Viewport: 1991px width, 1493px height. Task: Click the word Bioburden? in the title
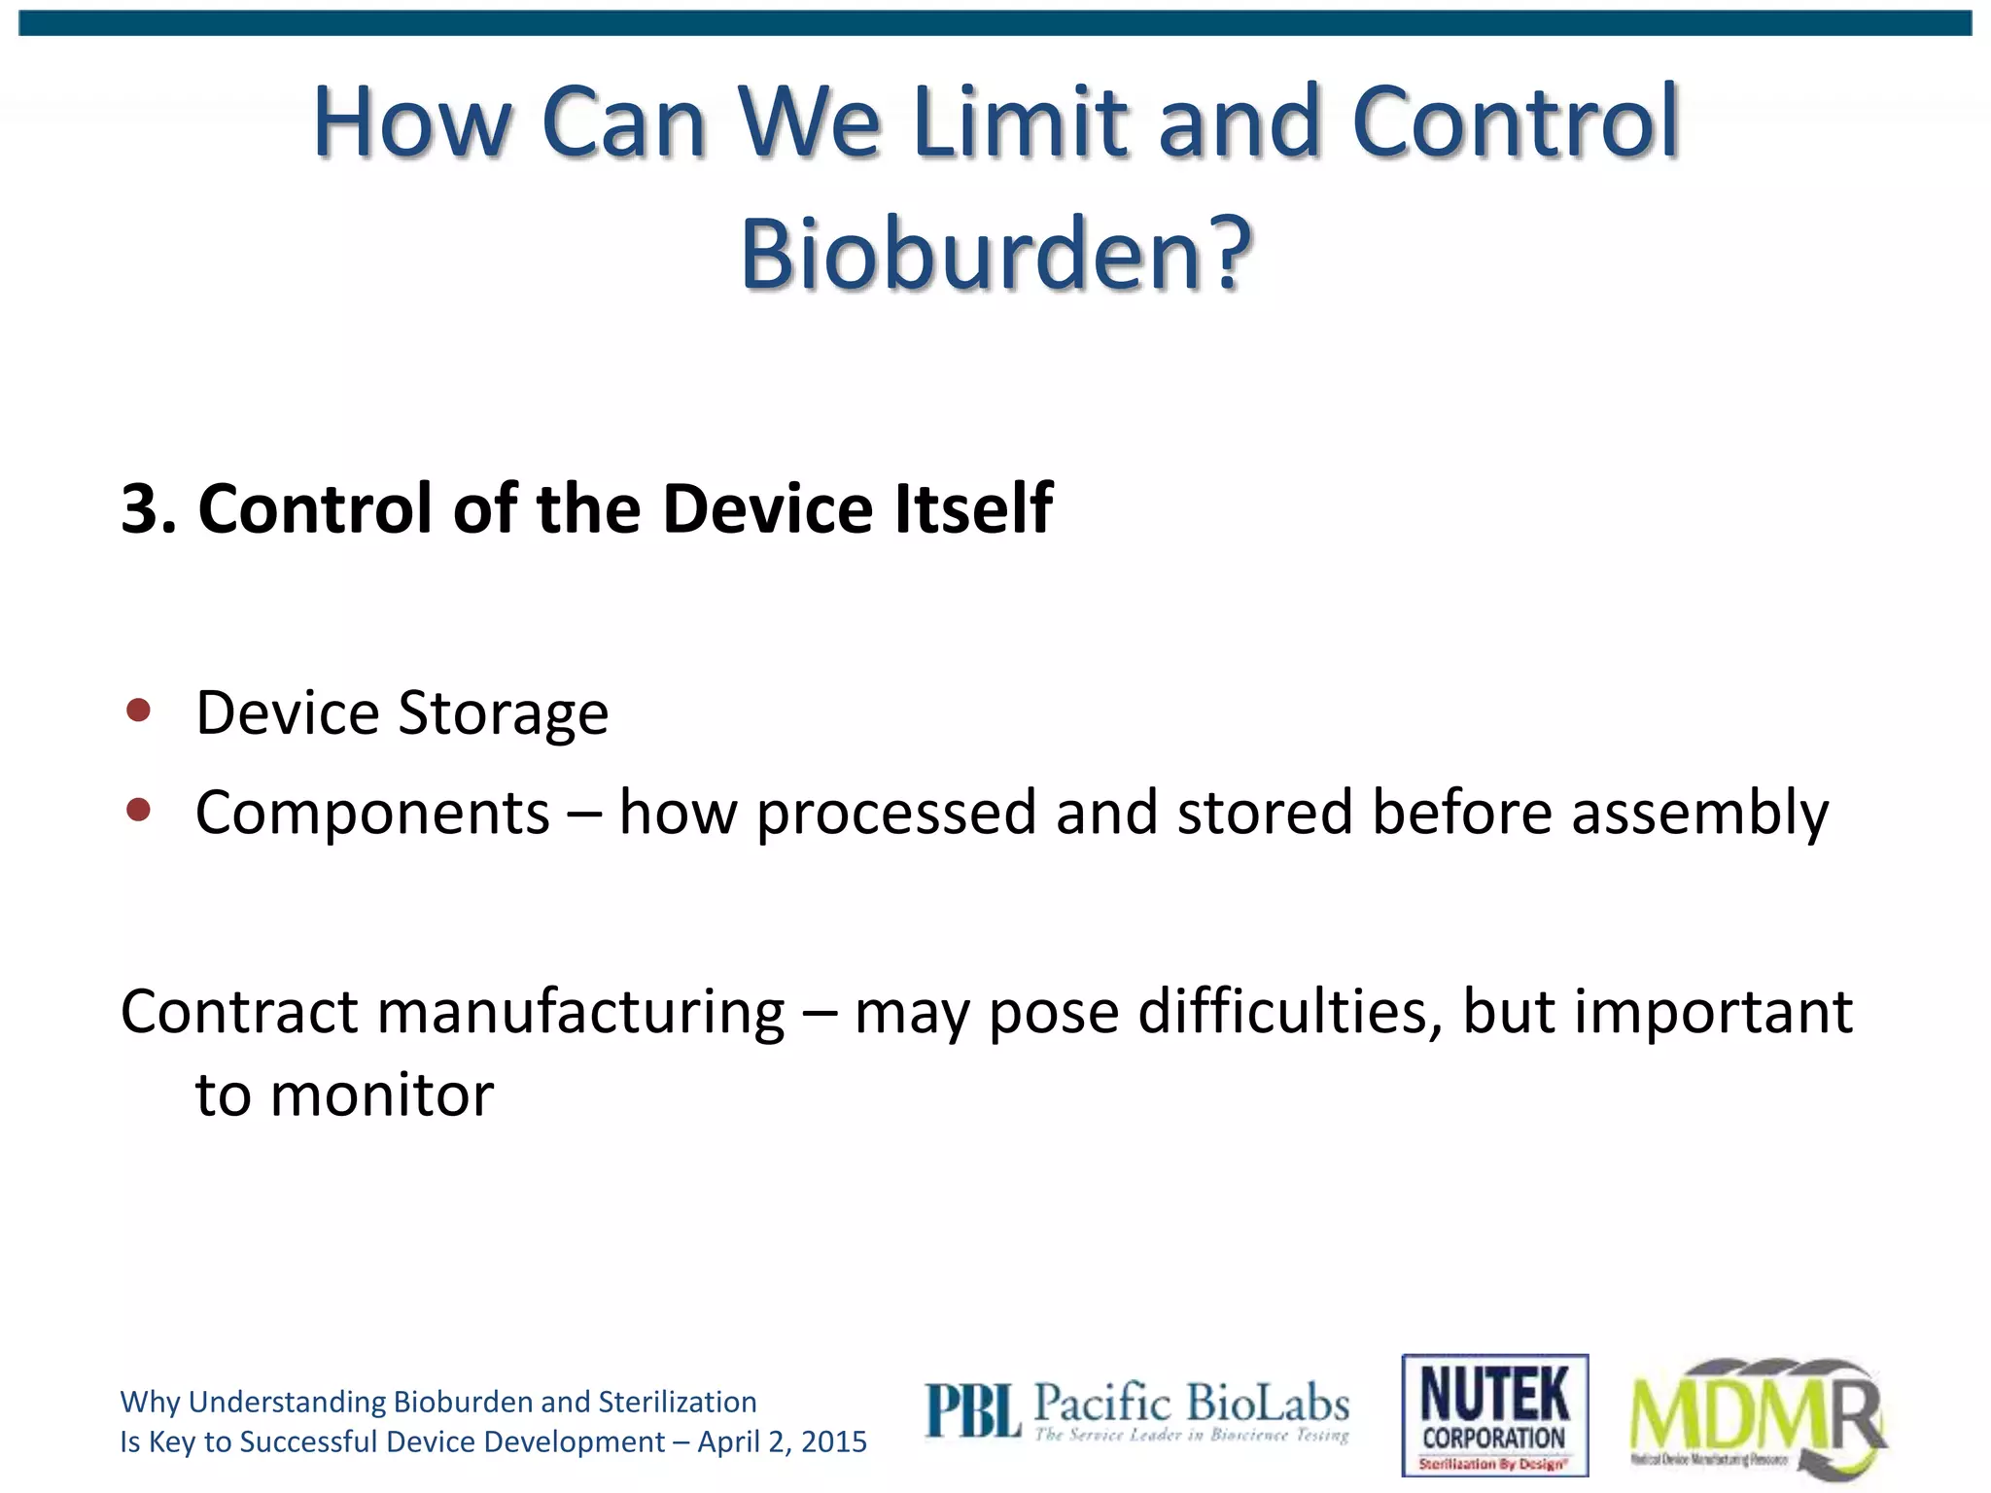995,255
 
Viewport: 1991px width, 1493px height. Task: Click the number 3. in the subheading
149,508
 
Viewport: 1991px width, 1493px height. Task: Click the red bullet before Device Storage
139,711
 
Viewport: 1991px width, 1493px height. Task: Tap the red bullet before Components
139,810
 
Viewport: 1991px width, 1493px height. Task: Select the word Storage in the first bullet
504,715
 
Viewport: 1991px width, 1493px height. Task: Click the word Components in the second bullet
372,814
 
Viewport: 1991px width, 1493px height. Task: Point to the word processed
895,814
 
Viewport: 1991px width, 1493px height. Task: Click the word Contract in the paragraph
239,1012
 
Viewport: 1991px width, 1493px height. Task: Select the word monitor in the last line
381,1095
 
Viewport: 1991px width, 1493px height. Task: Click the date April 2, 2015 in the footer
782,1441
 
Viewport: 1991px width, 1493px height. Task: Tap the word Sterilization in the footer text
677,1402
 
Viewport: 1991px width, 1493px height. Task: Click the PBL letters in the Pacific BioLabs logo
972,1411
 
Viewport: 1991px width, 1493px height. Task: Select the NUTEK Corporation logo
1494,1414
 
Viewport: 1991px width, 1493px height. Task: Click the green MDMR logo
1758,1417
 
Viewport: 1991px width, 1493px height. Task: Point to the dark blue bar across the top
995,23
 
